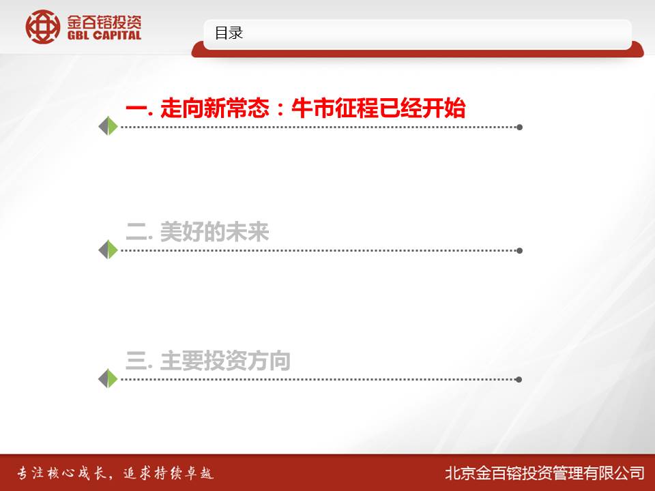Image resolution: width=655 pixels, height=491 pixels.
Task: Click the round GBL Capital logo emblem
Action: pos(42,27)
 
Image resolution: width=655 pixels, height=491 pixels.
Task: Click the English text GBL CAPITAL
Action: pos(104,35)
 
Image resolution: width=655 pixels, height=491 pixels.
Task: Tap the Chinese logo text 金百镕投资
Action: pos(104,21)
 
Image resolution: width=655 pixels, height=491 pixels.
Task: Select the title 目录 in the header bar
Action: pos(229,33)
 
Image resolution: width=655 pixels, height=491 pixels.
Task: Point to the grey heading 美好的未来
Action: pos(214,232)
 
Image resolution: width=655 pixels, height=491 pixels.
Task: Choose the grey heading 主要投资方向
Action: pos(225,361)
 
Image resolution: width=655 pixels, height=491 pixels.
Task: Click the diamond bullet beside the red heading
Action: pos(108,126)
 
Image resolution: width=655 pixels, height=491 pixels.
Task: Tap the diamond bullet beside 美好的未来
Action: pos(108,250)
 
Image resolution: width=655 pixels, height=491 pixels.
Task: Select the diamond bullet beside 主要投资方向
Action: pos(108,378)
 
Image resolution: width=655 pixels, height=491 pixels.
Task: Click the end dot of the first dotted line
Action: pos(520,127)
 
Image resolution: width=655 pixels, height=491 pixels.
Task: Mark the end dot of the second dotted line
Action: pos(520,250)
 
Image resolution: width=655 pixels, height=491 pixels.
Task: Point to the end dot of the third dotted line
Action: pos(519,380)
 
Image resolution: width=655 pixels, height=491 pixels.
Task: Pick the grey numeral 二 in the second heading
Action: pos(136,232)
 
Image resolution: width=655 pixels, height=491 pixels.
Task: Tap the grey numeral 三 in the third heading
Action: pos(136,361)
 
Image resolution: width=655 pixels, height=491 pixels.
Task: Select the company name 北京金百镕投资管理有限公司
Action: pos(544,473)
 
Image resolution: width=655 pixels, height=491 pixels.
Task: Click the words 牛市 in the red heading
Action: pos(312,108)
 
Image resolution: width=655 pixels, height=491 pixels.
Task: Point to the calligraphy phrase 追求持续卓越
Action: pos(169,473)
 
